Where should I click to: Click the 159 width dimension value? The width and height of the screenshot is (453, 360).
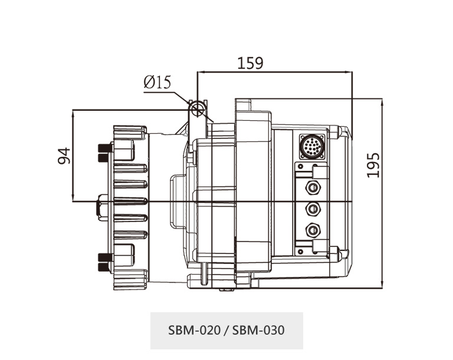pos(250,62)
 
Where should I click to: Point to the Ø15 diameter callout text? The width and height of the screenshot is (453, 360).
pos(157,82)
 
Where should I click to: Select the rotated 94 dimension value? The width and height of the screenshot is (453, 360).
pos(64,156)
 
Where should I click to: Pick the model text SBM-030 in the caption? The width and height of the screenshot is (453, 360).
pos(258,330)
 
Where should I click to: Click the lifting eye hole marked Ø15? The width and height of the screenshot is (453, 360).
pos(198,108)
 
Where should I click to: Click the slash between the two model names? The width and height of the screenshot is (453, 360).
pos(226,330)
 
